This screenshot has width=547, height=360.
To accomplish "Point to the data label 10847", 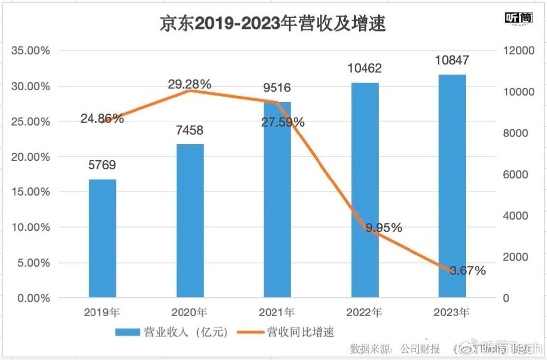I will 452,60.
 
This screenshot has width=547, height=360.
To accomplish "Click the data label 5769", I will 102,165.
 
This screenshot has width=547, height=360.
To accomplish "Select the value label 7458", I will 190,130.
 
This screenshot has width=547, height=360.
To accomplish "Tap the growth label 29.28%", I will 190,84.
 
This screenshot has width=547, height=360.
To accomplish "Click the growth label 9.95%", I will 384,228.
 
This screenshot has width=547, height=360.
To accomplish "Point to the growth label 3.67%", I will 468,271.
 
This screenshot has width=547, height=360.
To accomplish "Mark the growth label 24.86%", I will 102,119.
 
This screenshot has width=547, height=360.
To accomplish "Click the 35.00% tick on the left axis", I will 30,51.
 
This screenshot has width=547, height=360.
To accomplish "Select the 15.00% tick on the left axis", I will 30,192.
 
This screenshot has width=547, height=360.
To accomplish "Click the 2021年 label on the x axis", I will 277,312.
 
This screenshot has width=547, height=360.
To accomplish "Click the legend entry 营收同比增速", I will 299,332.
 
